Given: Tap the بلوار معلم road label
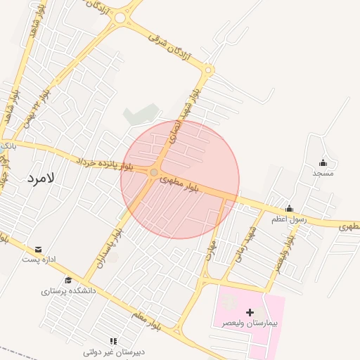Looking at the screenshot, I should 147,319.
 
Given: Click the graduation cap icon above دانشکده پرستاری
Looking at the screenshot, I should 68,280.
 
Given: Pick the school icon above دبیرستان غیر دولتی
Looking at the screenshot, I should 113,340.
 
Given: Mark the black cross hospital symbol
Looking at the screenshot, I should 250,311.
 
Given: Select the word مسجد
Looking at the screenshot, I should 323,173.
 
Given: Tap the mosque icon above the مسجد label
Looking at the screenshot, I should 323,162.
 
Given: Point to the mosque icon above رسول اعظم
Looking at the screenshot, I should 289,208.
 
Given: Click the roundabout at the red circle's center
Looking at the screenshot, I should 155,172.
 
